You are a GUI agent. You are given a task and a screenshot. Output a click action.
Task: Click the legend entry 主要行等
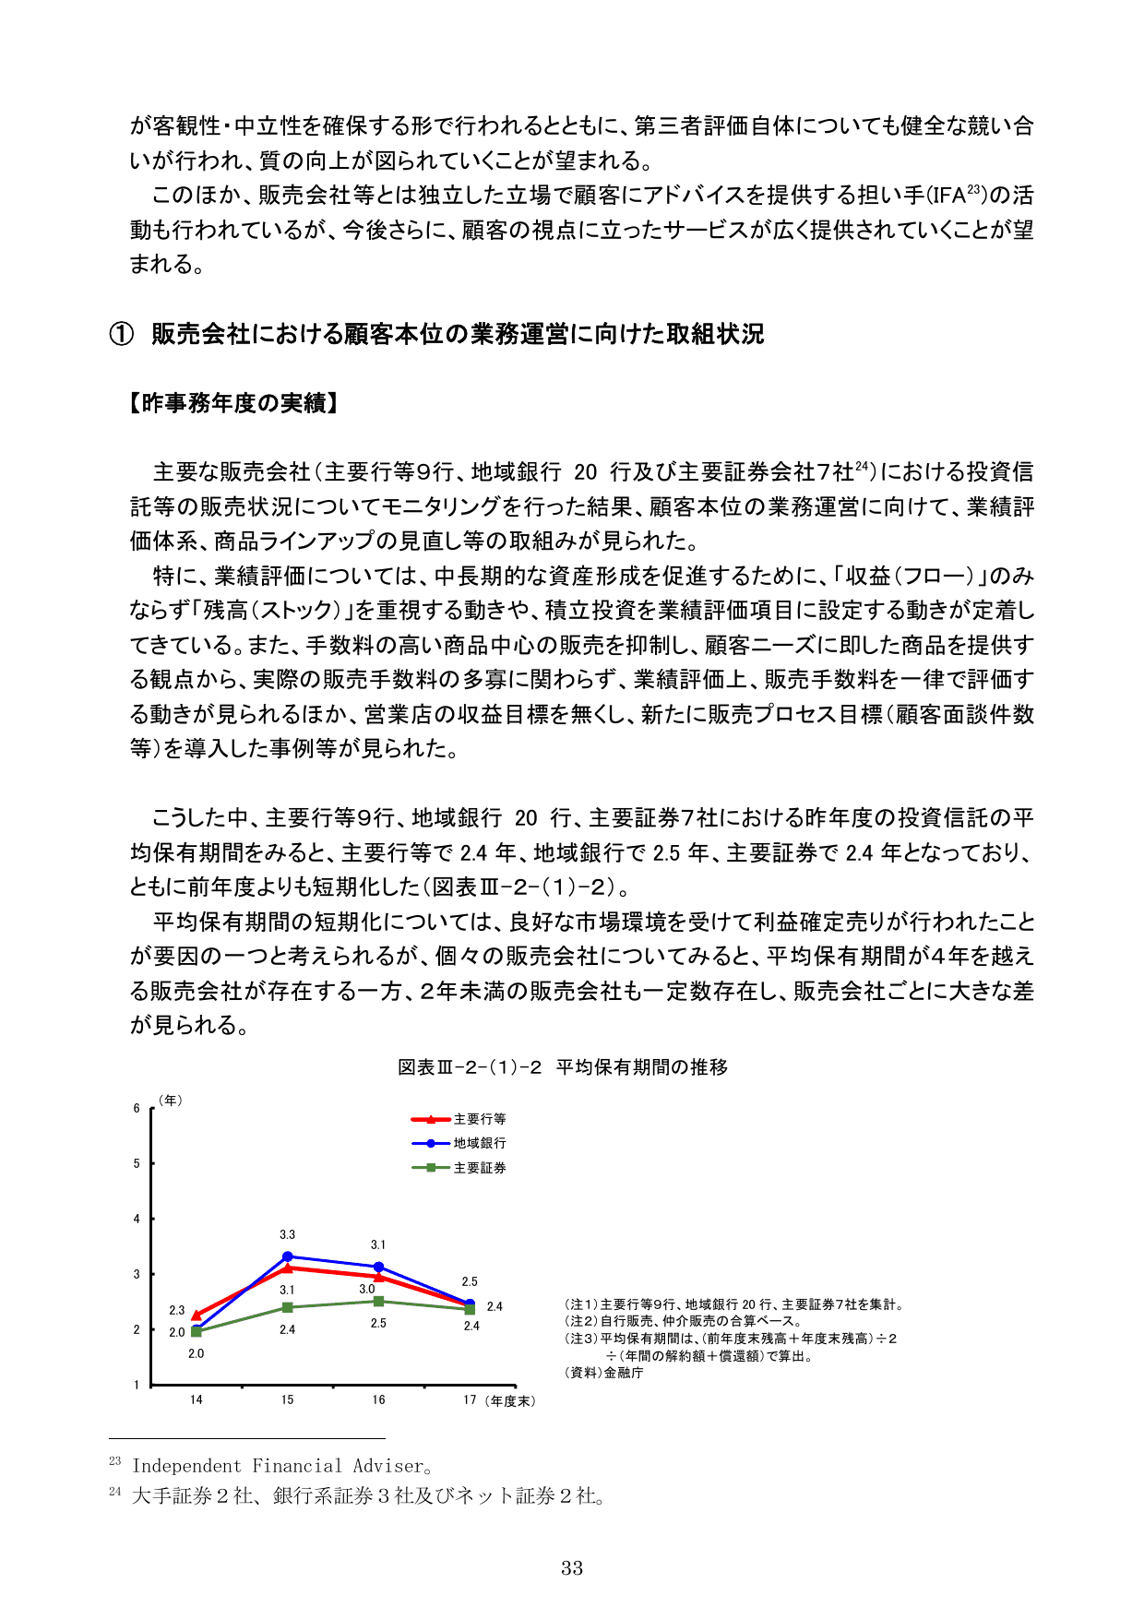click(479, 1119)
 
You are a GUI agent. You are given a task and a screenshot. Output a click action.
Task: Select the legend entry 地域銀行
click(479, 1143)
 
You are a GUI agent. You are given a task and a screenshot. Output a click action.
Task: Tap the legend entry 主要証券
click(479, 1168)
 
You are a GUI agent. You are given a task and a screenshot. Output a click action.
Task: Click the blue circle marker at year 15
click(288, 1256)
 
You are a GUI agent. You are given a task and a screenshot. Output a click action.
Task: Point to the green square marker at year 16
click(378, 1302)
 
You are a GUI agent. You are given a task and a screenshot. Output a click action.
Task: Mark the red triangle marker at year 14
click(197, 1315)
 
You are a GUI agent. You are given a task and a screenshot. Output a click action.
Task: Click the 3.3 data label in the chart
click(288, 1234)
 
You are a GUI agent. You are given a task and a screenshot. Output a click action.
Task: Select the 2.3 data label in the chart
click(177, 1310)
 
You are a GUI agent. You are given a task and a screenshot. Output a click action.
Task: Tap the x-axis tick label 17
click(470, 1399)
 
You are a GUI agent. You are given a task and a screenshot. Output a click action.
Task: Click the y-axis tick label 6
click(137, 1108)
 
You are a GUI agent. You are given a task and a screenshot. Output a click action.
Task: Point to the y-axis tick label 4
click(137, 1219)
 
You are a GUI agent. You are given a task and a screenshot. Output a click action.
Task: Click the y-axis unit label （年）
click(170, 1101)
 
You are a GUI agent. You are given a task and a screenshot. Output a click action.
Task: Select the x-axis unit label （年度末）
click(509, 1400)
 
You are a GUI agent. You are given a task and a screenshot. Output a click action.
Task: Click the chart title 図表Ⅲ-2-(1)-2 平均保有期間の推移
click(563, 1067)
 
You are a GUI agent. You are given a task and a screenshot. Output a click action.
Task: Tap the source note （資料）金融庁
click(604, 1373)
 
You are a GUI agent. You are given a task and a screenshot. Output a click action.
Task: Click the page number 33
click(572, 1567)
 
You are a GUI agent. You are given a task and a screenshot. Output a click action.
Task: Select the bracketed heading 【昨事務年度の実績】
click(234, 403)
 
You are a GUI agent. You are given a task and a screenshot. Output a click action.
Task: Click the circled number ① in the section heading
click(122, 334)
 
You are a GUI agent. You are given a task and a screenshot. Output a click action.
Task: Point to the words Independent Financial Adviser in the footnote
click(278, 1466)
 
